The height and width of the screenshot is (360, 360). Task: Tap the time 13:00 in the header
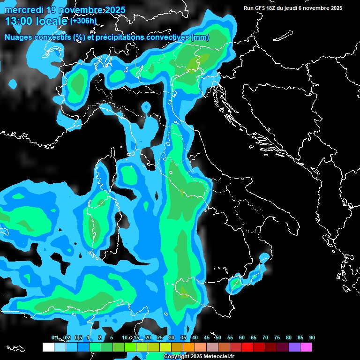[x=18, y=21]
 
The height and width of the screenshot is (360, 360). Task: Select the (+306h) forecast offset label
[x=83, y=21]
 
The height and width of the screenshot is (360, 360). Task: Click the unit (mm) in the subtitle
[x=200, y=37]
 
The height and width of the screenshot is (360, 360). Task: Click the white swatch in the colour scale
[x=48, y=347]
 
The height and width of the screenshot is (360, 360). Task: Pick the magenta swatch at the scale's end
[x=306, y=347]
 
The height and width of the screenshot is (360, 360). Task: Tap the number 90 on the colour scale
[x=312, y=338]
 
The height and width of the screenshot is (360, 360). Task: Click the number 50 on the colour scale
[x=218, y=338]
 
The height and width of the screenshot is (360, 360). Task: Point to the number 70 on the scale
[x=265, y=338]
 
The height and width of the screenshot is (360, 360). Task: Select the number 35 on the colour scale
[x=183, y=338]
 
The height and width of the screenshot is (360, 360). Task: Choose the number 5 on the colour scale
[x=112, y=338]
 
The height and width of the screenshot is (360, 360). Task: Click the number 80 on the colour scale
[x=289, y=338]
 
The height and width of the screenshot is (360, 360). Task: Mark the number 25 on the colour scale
[x=160, y=338]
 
